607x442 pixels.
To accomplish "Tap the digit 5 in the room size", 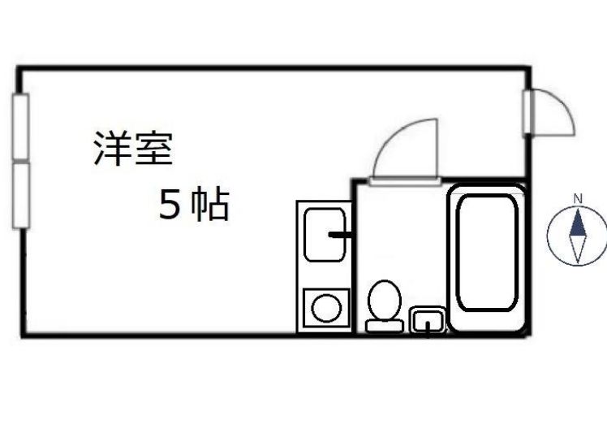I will click(x=170, y=206).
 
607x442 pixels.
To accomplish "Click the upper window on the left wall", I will click(x=20, y=127).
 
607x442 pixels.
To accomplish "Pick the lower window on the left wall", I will click(x=20, y=195).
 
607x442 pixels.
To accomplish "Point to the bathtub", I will click(x=486, y=257).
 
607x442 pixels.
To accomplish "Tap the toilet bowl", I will click(x=384, y=300).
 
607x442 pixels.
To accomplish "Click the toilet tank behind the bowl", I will click(x=384, y=326).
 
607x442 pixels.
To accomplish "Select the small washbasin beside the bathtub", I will click(x=428, y=321).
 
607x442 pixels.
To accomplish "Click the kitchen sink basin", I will click(x=325, y=234).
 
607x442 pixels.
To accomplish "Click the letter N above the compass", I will click(x=577, y=198).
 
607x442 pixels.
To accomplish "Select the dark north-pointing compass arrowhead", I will click(x=577, y=223).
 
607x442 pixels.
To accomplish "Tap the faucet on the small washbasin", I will click(x=428, y=328).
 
